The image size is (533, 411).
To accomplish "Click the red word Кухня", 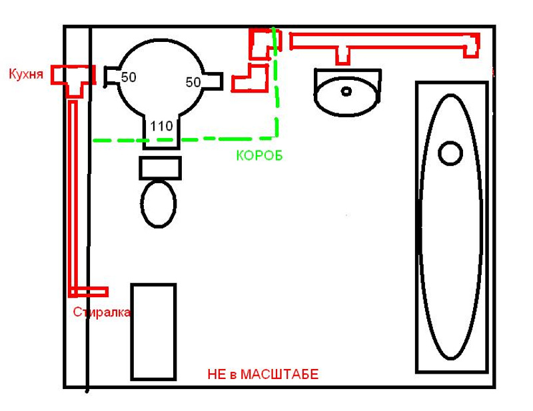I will tap(26, 73).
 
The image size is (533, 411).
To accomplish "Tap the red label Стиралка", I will tap(102, 312).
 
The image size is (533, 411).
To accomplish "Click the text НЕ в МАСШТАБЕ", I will tap(263, 375).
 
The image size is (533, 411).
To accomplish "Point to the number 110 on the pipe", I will tap(162, 126).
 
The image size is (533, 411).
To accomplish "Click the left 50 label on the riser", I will tap(129, 78).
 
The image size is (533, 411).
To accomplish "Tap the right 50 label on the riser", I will tap(193, 82).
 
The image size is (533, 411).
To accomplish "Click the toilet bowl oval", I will tap(159, 203).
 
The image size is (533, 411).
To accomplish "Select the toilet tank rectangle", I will tap(160, 167).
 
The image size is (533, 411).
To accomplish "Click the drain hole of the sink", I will tap(346, 90).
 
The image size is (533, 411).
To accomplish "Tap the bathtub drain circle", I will tap(450, 153).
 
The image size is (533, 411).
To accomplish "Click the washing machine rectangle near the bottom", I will tap(153, 331).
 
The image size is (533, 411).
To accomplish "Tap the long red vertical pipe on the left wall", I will tap(73, 193).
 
